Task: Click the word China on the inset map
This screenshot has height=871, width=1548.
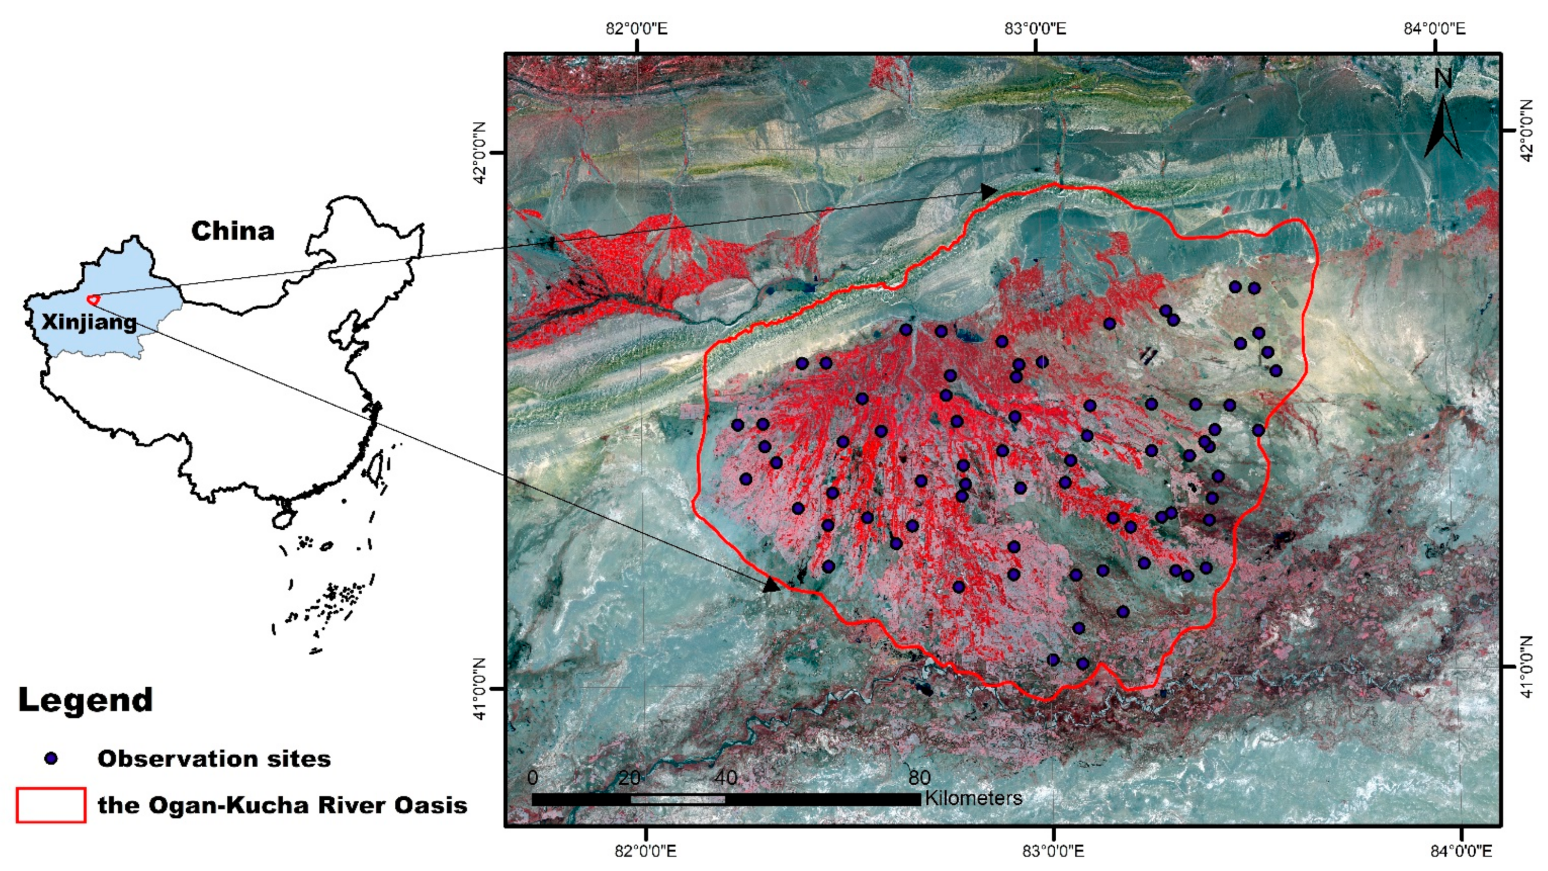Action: coord(233,231)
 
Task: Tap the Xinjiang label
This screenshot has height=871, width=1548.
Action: coord(89,322)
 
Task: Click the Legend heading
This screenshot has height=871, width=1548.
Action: coord(85,700)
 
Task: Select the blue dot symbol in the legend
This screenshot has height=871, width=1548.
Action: coord(52,759)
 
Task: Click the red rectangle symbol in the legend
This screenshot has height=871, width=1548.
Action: coord(51,805)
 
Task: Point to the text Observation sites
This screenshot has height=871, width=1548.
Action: coord(214,759)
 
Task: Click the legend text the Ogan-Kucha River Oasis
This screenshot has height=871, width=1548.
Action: coord(282,805)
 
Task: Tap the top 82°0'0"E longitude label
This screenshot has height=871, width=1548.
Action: coord(636,28)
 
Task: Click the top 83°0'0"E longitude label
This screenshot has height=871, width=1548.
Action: coord(1036,28)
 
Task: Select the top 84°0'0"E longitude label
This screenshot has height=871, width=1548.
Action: coord(1434,28)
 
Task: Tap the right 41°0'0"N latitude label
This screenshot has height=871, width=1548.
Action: coord(1526,667)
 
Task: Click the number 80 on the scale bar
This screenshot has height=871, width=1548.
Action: coord(919,778)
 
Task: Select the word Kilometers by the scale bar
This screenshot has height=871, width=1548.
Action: coord(974,798)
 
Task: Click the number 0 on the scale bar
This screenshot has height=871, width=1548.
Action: coord(533,778)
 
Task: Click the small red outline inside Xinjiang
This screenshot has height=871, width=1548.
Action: coord(92,299)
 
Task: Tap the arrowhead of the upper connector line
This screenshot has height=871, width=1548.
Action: coord(989,192)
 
